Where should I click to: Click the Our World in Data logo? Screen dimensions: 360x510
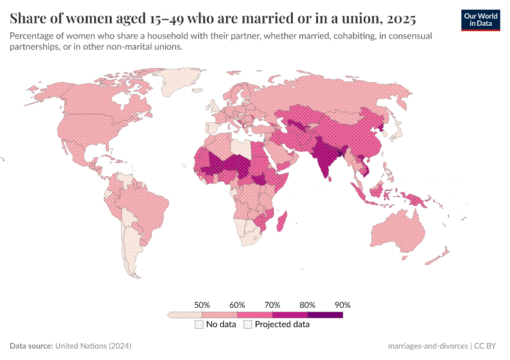click(x=480, y=20)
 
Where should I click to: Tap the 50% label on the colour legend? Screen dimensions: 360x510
click(x=202, y=305)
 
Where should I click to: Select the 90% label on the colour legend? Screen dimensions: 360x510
click(x=342, y=305)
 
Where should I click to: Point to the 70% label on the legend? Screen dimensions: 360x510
click(x=272, y=305)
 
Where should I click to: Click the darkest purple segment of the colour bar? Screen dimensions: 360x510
click(x=325, y=314)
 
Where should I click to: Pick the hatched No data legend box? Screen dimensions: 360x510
click(x=199, y=325)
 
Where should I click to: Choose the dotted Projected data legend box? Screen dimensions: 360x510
click(x=247, y=325)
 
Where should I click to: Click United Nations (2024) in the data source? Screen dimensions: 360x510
click(x=93, y=346)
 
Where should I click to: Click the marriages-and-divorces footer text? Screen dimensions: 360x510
click(x=428, y=346)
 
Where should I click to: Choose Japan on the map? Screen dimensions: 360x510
click(x=397, y=129)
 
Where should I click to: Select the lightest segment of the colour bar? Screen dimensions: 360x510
click(x=185, y=314)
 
